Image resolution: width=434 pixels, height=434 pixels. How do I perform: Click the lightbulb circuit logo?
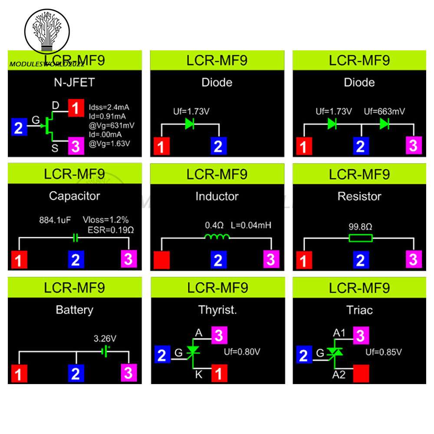point(47,31)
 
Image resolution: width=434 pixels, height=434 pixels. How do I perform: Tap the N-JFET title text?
point(75,82)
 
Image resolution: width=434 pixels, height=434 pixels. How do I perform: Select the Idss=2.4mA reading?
point(109,107)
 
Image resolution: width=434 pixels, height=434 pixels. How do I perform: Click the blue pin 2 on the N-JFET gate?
point(19,127)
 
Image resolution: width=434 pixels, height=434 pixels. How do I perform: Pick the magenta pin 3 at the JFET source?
point(76,146)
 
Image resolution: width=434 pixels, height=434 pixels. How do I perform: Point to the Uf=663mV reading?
point(384,112)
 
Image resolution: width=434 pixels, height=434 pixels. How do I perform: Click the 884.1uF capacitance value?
point(55,220)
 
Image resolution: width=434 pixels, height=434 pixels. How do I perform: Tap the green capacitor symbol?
point(75,238)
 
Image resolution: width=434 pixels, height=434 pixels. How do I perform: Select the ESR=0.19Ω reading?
point(111,230)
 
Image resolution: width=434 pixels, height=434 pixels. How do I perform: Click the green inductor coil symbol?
point(217,237)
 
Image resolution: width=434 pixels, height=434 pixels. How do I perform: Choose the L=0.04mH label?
point(251,225)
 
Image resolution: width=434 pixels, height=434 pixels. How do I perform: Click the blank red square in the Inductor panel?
point(161,260)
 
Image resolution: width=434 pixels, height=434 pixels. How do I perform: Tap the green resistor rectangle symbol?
point(361,238)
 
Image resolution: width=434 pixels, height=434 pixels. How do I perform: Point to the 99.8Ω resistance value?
point(360,227)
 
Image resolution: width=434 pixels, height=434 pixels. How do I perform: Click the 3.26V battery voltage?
point(105,339)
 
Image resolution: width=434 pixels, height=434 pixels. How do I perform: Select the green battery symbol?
point(105,352)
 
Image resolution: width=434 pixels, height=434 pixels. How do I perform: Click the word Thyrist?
point(217,310)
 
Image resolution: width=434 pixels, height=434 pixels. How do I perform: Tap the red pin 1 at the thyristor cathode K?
point(219,373)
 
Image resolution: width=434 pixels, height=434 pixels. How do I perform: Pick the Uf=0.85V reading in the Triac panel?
point(383,352)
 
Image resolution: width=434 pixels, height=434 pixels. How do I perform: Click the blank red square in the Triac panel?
point(361,373)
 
